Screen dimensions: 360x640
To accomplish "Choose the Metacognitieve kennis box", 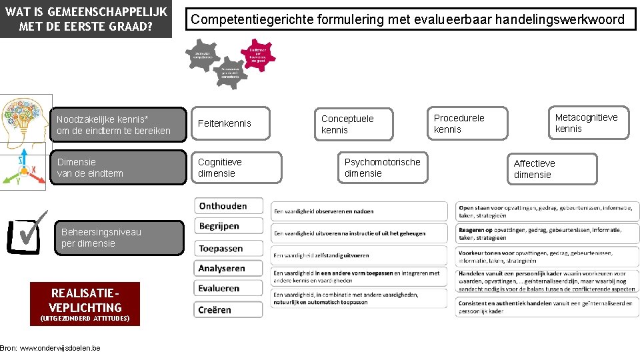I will tap(587, 123).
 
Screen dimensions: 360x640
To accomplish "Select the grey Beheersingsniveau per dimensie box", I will tap(117, 238).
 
